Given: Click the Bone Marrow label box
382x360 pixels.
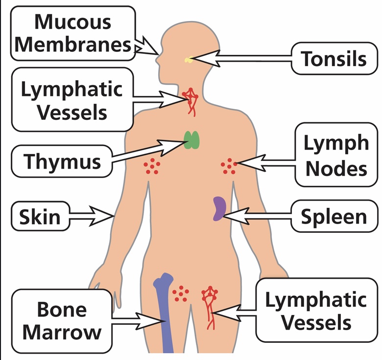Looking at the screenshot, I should (62, 321).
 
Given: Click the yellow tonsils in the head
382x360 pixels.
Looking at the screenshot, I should (189, 60).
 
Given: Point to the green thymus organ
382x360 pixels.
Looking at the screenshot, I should (191, 140).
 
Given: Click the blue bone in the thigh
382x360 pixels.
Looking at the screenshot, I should (164, 313).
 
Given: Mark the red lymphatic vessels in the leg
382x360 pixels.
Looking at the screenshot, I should (210, 306).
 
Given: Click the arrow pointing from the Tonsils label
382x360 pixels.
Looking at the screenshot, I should (245, 59).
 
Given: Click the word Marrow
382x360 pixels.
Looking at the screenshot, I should (62, 332).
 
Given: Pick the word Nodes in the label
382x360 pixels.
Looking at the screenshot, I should (336, 169).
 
